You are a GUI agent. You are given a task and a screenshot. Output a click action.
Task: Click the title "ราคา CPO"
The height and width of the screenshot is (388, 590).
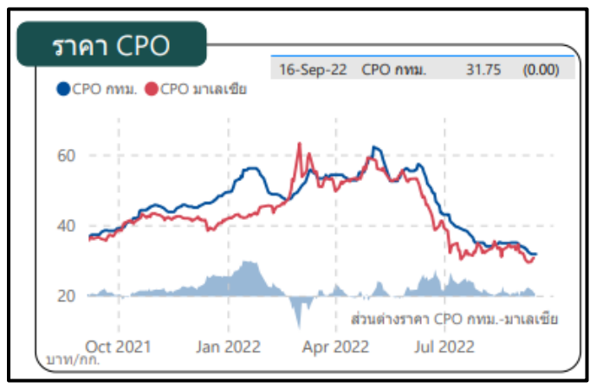[110, 46]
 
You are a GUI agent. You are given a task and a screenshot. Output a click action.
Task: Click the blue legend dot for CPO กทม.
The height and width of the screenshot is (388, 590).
[62, 88]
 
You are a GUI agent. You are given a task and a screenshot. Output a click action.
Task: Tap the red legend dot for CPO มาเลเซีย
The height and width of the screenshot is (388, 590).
[152, 88]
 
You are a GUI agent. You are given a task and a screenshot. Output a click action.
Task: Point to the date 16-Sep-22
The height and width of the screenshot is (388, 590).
[312, 70]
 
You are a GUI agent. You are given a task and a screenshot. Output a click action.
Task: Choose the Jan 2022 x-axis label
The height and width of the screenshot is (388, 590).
[229, 346]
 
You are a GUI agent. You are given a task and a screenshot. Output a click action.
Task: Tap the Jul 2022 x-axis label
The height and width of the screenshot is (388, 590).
[444, 346]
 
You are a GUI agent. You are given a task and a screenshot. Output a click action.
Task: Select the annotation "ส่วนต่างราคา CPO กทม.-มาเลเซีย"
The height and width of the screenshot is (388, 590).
[455, 318]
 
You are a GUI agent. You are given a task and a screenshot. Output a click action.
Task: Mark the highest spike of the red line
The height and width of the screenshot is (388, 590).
[298, 144]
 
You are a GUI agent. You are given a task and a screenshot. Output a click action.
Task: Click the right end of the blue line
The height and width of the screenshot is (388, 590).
[536, 255]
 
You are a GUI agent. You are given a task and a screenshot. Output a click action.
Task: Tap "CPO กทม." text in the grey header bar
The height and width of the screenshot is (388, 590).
[394, 70]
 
